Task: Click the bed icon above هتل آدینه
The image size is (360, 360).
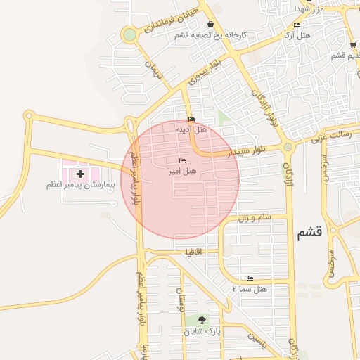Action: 191,119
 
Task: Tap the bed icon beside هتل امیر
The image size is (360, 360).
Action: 183,161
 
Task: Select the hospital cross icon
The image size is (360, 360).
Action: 80,173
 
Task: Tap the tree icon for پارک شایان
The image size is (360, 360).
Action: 202,320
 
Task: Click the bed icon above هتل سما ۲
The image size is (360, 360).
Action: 250,278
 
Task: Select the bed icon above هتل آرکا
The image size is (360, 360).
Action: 297,25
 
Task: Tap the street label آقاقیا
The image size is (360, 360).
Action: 193,251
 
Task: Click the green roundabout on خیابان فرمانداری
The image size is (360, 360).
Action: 129,34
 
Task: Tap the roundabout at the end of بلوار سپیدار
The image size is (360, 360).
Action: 288,146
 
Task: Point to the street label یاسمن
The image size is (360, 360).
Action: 255,342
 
